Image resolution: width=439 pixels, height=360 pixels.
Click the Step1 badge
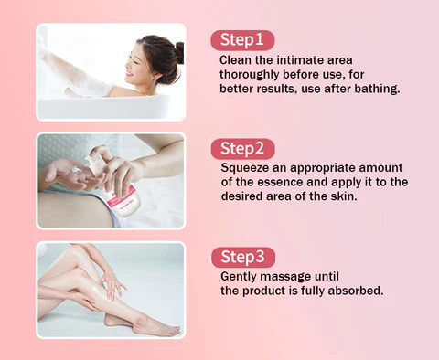pos(242,39)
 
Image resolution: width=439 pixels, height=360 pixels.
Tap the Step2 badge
pos(242,148)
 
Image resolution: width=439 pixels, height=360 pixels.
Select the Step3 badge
pos(242,257)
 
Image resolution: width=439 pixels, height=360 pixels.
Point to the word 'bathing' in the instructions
pos(374,90)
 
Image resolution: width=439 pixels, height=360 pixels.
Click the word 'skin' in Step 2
pos(343,197)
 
